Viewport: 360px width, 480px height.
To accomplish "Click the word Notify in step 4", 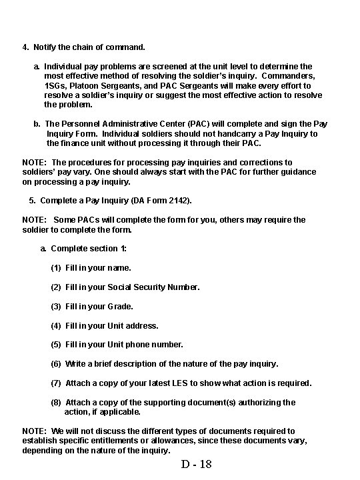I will (45, 48).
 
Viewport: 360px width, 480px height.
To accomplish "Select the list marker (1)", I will (57, 268).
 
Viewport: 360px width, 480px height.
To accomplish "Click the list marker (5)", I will (57, 345).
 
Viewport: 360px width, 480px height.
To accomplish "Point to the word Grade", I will (121, 307).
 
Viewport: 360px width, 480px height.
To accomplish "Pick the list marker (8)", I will (57, 403).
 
